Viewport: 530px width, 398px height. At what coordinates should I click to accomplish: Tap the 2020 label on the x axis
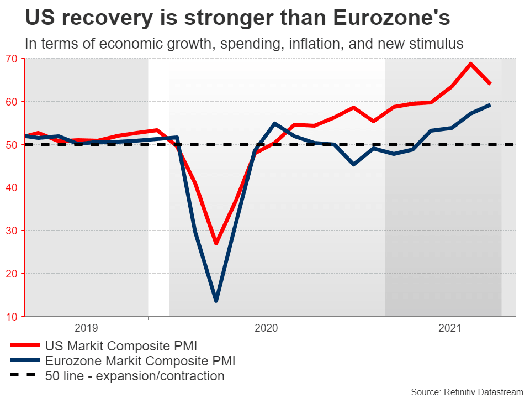coord(266,328)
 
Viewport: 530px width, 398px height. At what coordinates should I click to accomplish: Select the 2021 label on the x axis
coord(450,328)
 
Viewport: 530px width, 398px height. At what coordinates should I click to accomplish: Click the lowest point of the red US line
coord(216,243)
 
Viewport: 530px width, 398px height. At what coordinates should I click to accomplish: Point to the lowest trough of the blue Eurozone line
coord(216,301)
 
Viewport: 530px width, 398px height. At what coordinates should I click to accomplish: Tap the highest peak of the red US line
coord(471,64)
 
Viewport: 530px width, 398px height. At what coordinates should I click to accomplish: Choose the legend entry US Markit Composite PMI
coord(121,346)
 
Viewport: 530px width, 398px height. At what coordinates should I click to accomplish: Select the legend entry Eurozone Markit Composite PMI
coord(140,362)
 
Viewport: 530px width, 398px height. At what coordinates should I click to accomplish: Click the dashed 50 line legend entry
coord(135,376)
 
